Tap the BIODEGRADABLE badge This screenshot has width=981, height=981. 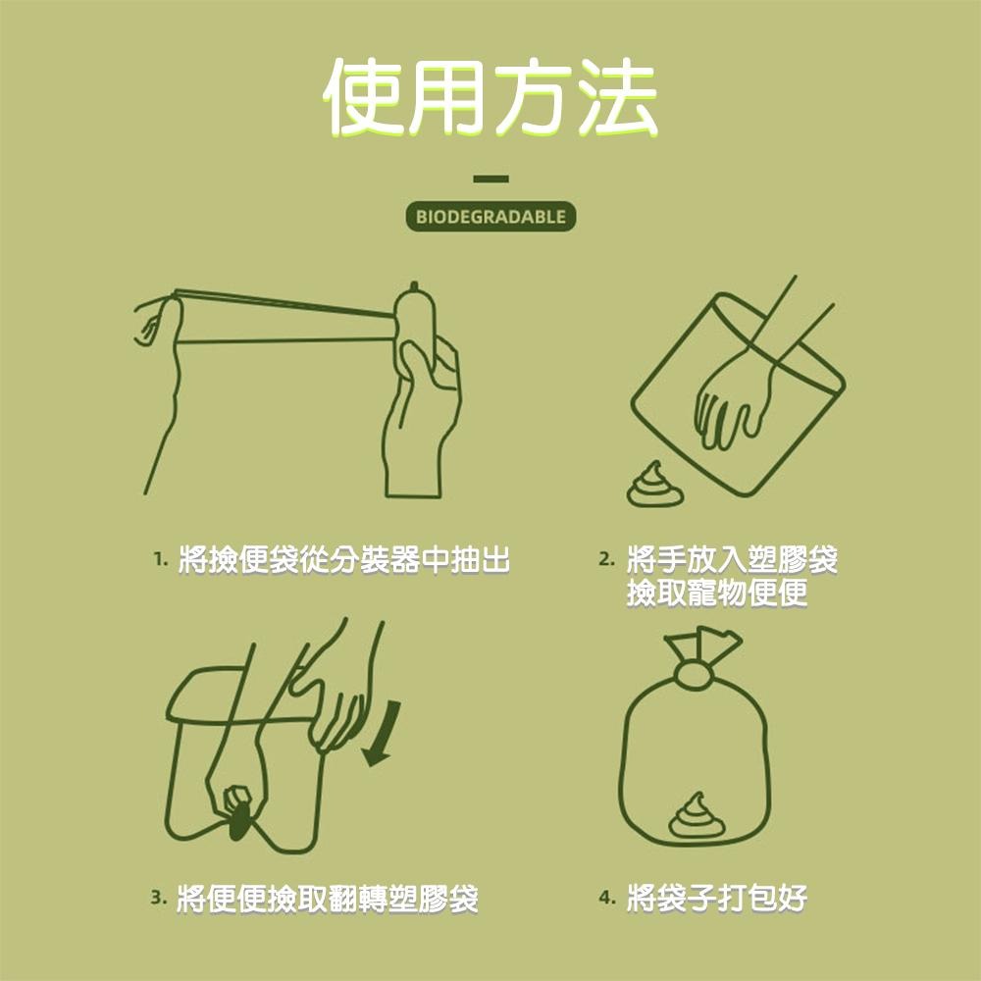490,217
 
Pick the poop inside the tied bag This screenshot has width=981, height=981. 697,816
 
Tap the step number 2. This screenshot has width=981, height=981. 607,561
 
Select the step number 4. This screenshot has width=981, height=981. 607,897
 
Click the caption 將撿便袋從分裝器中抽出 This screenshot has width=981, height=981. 344,561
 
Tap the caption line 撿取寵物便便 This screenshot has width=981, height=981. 717,594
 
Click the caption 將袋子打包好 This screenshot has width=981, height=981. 717,897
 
